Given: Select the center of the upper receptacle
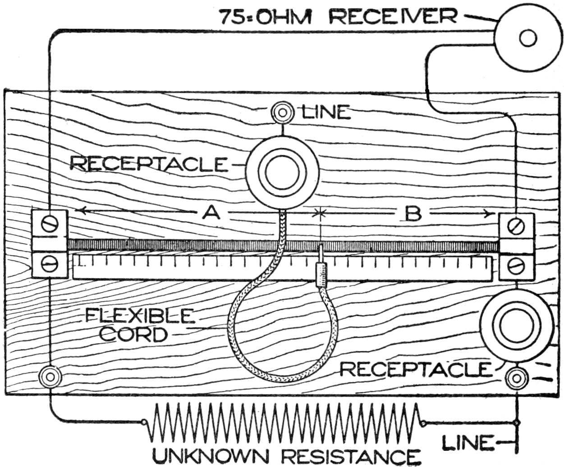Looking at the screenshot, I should (x=282, y=172).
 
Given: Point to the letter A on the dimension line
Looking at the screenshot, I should (x=210, y=213).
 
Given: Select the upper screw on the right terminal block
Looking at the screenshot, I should (x=516, y=225).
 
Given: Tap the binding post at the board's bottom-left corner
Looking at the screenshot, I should (x=50, y=377).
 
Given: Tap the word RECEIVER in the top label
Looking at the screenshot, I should (x=392, y=17).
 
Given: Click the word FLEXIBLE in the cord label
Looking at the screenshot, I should (x=138, y=316).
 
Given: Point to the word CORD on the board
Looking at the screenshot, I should (x=133, y=335).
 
